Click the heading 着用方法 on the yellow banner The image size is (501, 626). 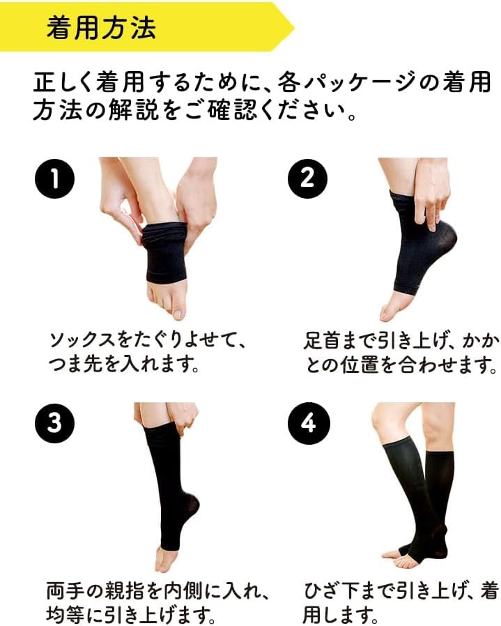(x=101, y=29)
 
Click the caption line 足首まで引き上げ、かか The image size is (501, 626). (x=401, y=341)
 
